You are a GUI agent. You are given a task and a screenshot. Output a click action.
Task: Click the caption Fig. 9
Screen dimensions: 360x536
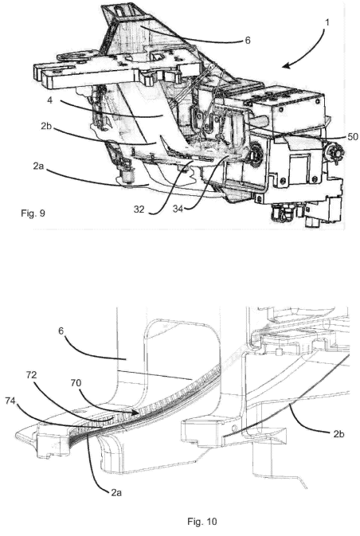tap(33, 213)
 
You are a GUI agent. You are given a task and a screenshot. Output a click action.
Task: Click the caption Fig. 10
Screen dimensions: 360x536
tap(202, 522)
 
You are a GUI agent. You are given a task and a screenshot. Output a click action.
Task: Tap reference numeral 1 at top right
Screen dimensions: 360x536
tap(327, 22)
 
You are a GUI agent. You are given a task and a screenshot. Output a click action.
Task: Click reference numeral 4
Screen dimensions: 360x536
tap(50, 101)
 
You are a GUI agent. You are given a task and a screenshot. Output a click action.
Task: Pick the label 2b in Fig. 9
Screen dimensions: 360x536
tap(46, 126)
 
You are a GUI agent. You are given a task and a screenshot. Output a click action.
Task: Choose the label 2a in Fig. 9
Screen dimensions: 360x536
tap(39, 166)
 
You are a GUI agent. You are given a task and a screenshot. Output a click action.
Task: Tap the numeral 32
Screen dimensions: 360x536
tap(139, 209)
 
